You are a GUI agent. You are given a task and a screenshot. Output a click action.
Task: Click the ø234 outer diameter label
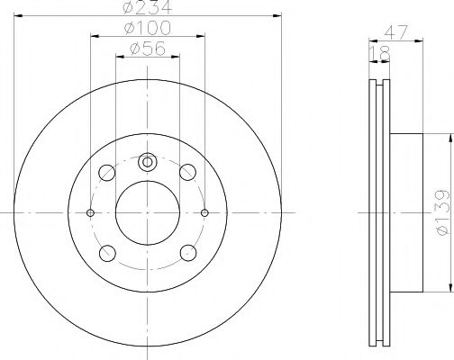(148, 9)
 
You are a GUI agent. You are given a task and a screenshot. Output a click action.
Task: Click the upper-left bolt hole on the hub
(107, 171)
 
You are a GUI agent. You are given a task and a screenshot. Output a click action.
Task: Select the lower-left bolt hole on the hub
(107, 253)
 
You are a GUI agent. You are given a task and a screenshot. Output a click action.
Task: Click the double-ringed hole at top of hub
(148, 163)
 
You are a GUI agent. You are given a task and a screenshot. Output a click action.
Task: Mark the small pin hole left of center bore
(90, 212)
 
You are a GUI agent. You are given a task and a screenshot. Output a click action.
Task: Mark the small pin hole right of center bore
(205, 212)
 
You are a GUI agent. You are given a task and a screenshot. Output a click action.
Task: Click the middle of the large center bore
(148, 212)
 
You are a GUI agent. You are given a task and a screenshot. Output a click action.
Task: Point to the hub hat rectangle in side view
(406, 212)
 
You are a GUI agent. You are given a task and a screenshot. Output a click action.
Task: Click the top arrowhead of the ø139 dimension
(448, 136)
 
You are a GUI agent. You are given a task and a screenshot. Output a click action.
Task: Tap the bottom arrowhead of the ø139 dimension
(448, 291)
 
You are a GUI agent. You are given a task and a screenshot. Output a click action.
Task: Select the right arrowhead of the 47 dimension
(419, 41)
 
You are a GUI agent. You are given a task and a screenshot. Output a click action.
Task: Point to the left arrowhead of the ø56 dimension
(118, 59)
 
